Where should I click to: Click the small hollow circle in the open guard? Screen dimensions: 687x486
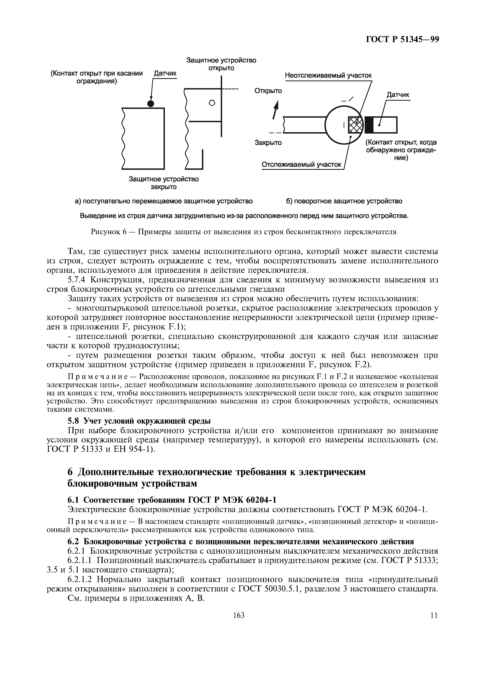coord(212,103)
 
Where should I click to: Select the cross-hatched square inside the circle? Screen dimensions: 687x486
coord(355,125)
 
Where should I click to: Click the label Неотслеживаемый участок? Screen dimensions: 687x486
coord(328,75)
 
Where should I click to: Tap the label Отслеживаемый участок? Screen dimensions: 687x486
coord(301,165)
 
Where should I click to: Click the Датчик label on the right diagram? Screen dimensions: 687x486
coord(398,95)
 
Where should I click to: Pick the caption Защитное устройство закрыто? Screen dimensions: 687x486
coord(164,183)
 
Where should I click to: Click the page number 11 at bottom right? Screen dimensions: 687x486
coord(434,624)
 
